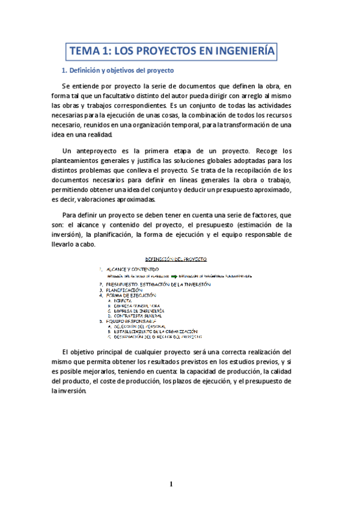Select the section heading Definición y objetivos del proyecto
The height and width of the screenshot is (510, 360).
click(x=117, y=71)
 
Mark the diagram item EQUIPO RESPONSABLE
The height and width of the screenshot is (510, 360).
click(x=130, y=321)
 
